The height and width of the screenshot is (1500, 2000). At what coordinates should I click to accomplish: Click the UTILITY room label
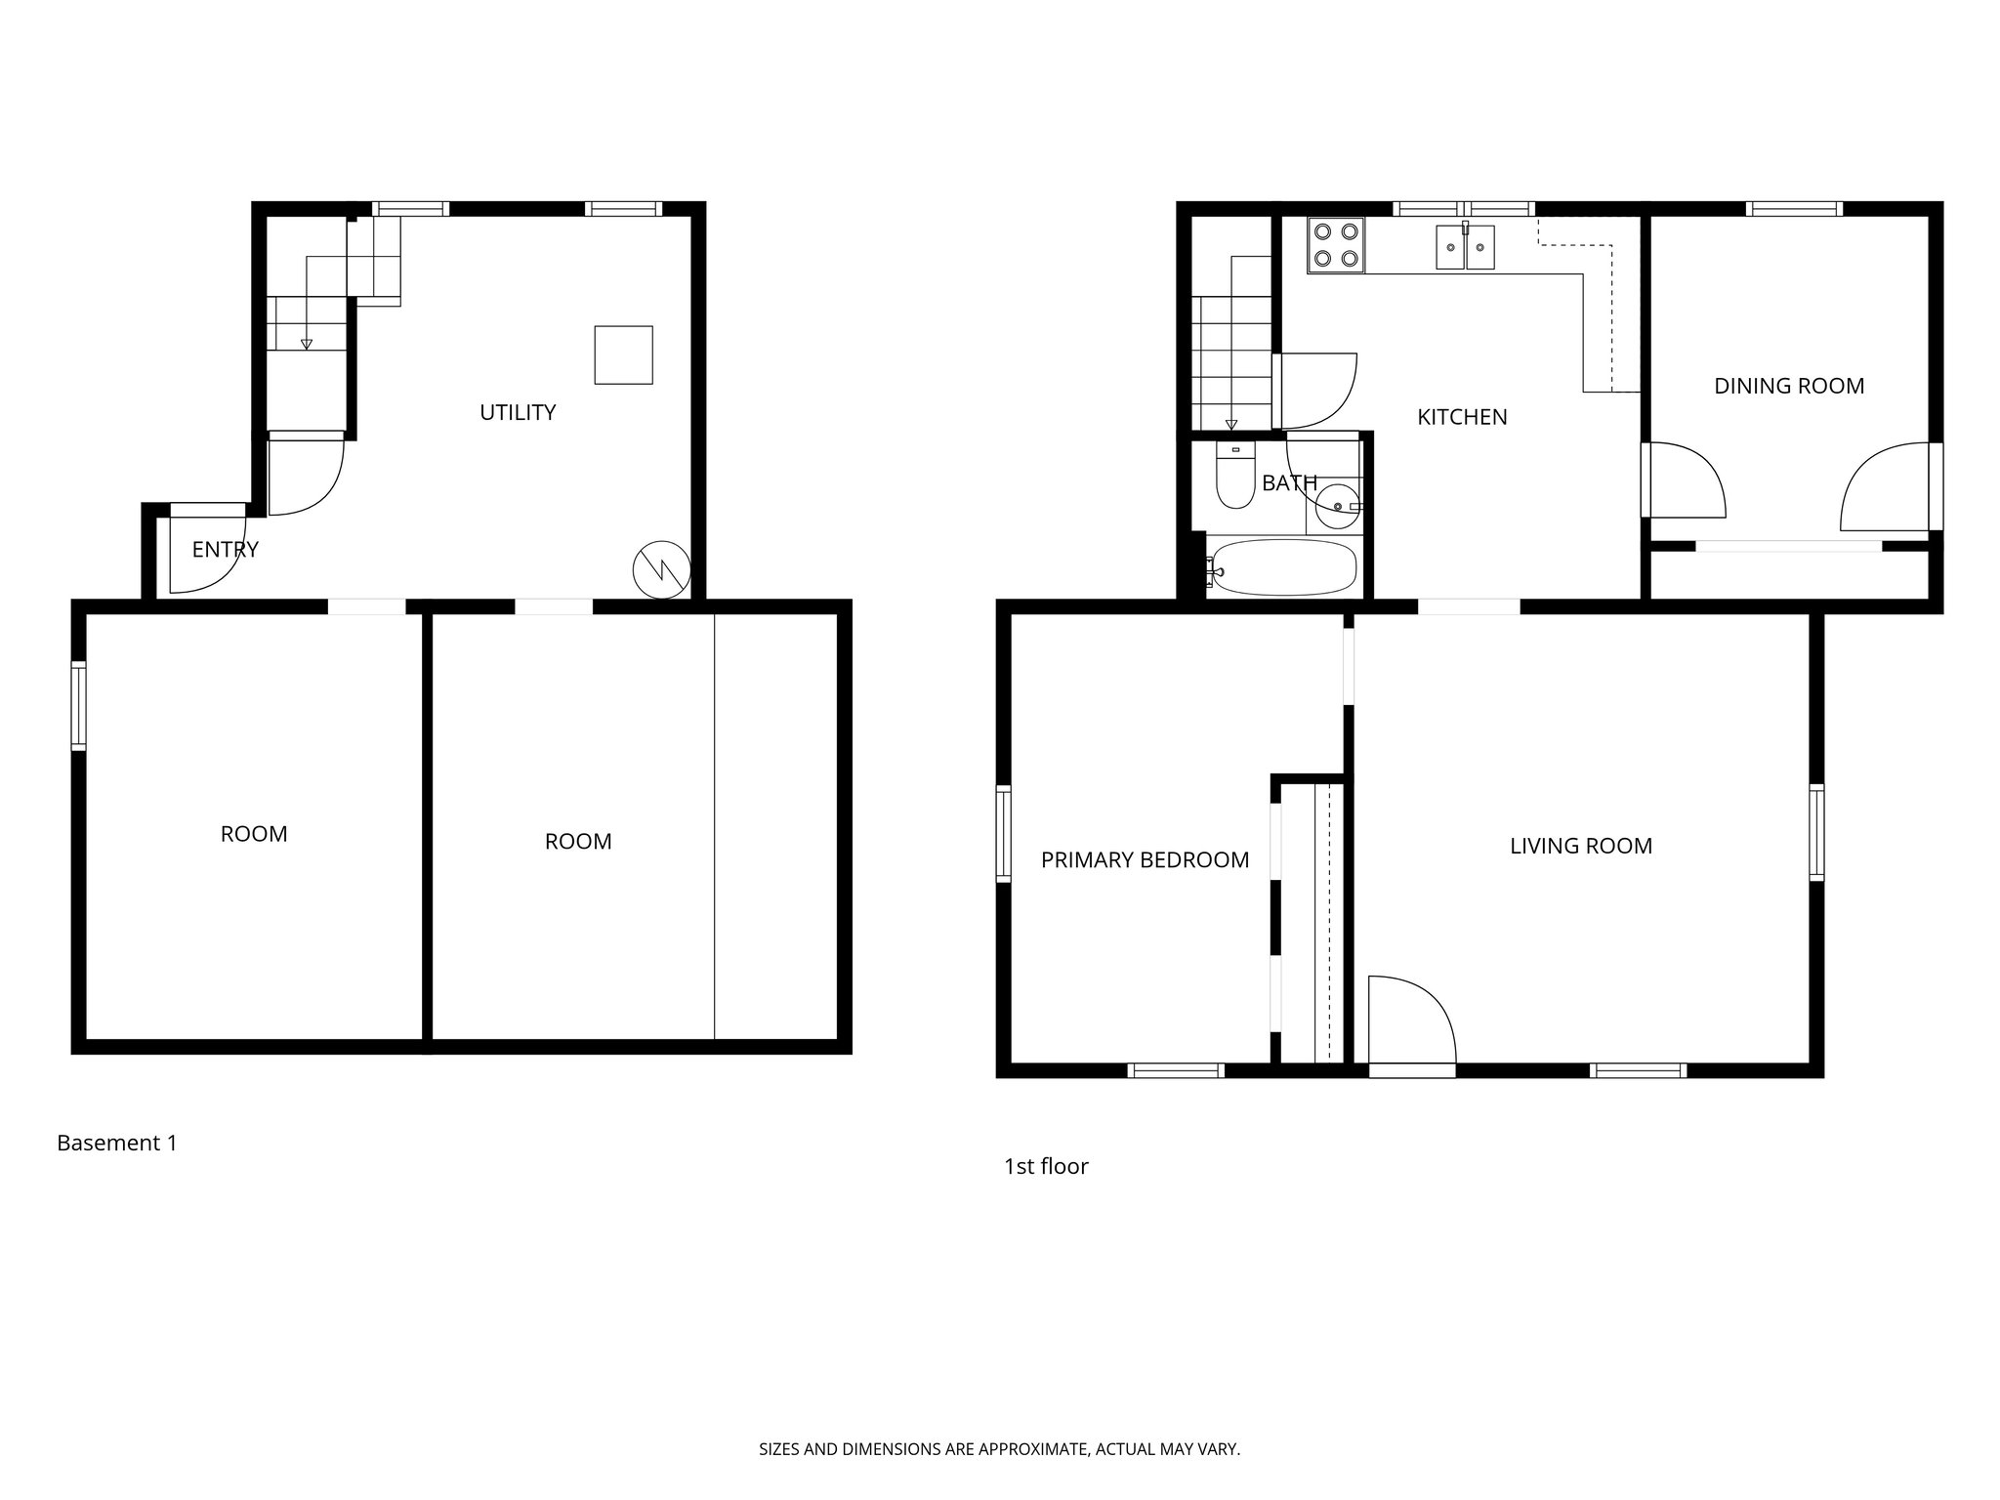[518, 412]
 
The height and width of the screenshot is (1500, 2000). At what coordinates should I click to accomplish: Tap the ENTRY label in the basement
[225, 550]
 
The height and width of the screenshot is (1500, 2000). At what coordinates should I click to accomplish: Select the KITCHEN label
[1462, 417]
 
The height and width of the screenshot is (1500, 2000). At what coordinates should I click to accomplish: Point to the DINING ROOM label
[1789, 386]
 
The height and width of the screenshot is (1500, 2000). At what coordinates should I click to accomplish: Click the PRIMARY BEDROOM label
[1145, 860]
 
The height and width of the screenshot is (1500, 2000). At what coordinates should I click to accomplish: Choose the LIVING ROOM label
[1581, 847]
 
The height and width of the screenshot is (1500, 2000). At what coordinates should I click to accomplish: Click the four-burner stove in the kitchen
[1336, 245]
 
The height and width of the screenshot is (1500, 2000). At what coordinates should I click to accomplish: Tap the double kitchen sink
[1465, 246]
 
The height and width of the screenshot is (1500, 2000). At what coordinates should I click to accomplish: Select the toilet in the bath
[1235, 478]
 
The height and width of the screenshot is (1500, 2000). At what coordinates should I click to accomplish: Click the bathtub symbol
[1282, 566]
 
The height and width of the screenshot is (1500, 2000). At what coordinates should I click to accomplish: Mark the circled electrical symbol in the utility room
[661, 569]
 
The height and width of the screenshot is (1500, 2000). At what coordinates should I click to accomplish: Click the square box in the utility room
[623, 354]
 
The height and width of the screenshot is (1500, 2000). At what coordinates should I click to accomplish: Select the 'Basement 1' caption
[117, 1143]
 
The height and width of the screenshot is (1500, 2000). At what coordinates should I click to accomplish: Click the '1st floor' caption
[1046, 1166]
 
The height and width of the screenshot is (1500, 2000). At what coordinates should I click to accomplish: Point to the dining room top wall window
[1794, 208]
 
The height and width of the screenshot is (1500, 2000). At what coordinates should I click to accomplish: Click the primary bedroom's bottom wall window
[1176, 1070]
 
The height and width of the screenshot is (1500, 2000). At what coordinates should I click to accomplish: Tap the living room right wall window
[1816, 833]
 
